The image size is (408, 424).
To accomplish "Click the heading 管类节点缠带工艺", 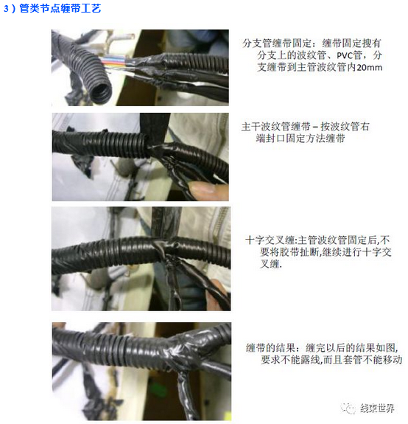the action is pos(60,8).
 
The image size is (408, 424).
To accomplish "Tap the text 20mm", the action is pos(370,67).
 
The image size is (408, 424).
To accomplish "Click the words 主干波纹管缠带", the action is pos(275,127).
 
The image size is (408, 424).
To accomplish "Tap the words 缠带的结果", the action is pos(270,348).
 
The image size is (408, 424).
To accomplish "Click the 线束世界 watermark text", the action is pos(377,408).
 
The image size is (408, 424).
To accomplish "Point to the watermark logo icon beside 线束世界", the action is pos(348,409).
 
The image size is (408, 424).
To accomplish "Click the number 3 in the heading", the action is pos(6,9).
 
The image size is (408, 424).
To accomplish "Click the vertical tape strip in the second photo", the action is pos(155,127).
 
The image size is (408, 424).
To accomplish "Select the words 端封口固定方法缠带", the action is pos(300,139).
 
